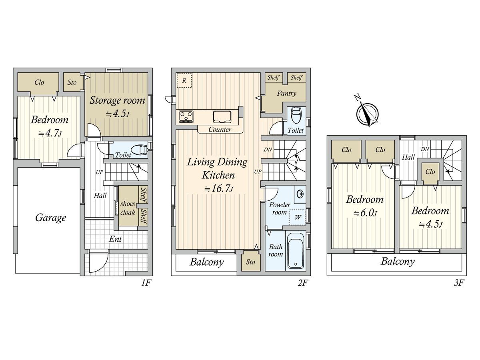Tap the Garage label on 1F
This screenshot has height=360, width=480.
coord(50,218)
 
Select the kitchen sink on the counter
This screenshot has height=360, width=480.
coord(222,117)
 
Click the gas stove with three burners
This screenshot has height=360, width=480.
coord(186,117)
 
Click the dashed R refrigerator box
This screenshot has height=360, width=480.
coord(184,81)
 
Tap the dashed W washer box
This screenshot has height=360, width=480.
coord(298,217)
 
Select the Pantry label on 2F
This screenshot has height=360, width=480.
coord(286,94)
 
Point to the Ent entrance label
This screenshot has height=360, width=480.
coord(115,239)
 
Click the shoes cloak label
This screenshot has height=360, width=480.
coord(128,208)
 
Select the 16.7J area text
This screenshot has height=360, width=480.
coord(219,188)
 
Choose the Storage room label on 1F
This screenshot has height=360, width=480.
coord(117,100)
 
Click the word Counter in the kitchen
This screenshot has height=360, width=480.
coord(220,130)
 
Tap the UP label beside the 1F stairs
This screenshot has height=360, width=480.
coord(100,172)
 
